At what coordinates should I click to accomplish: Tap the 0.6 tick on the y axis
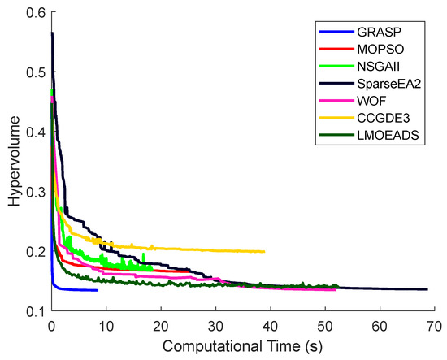(x=32, y=13)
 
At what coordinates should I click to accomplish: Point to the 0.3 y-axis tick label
(x=32, y=192)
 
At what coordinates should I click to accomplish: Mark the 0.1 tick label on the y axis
(x=32, y=311)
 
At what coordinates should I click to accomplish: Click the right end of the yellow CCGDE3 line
(x=265, y=252)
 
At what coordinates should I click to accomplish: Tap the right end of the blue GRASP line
(x=98, y=290)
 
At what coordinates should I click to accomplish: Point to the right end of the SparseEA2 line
(x=427, y=289)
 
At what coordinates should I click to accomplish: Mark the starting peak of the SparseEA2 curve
(x=52, y=33)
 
